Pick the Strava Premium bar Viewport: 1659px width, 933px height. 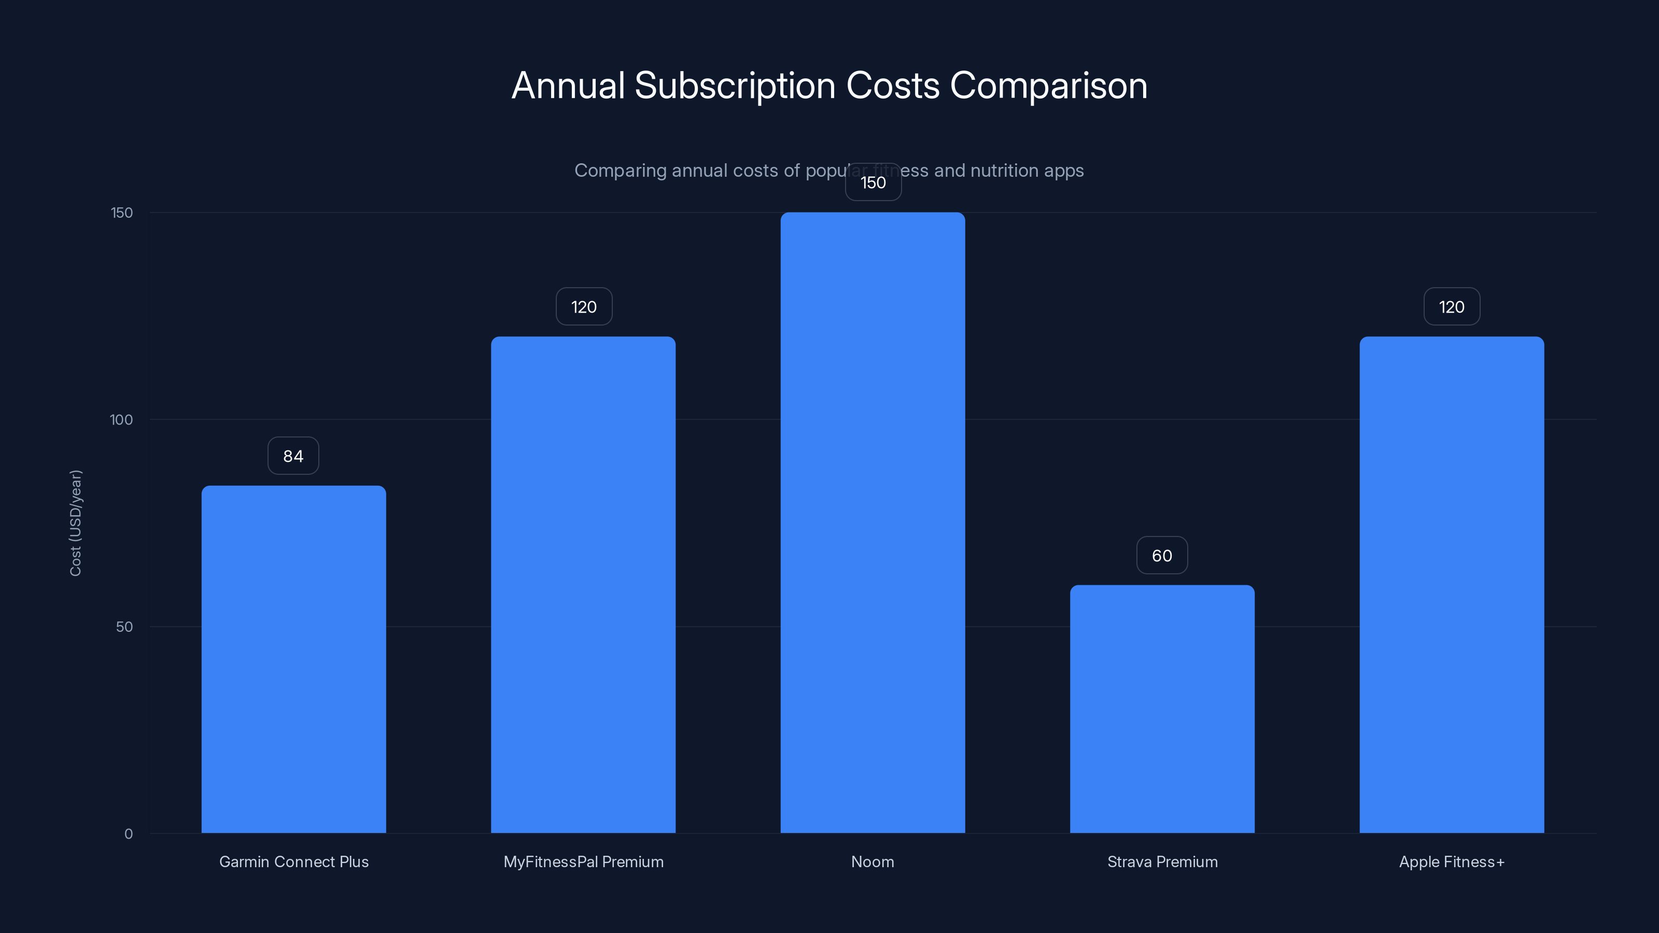pyautogui.click(x=1162, y=709)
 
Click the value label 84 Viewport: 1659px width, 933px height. pyautogui.click(x=293, y=456)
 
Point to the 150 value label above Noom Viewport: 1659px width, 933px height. pyautogui.click(x=873, y=182)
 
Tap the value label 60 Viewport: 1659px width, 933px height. pyautogui.click(x=1162, y=556)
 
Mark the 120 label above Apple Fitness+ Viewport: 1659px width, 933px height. pyautogui.click(x=1452, y=306)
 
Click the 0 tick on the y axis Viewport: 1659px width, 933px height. pyautogui.click(x=128, y=834)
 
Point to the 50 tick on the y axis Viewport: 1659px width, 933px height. pyautogui.click(x=124, y=627)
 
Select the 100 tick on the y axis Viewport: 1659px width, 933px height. pyautogui.click(x=121, y=420)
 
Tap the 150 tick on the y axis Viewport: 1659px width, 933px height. pyautogui.click(x=122, y=213)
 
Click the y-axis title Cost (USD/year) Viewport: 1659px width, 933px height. pyautogui.click(x=75, y=523)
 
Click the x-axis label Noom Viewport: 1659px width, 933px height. pyautogui.click(x=873, y=861)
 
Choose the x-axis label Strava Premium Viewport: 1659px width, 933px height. pyautogui.click(x=1162, y=861)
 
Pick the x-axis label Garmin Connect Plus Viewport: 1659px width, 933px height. pyautogui.click(x=293, y=861)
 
